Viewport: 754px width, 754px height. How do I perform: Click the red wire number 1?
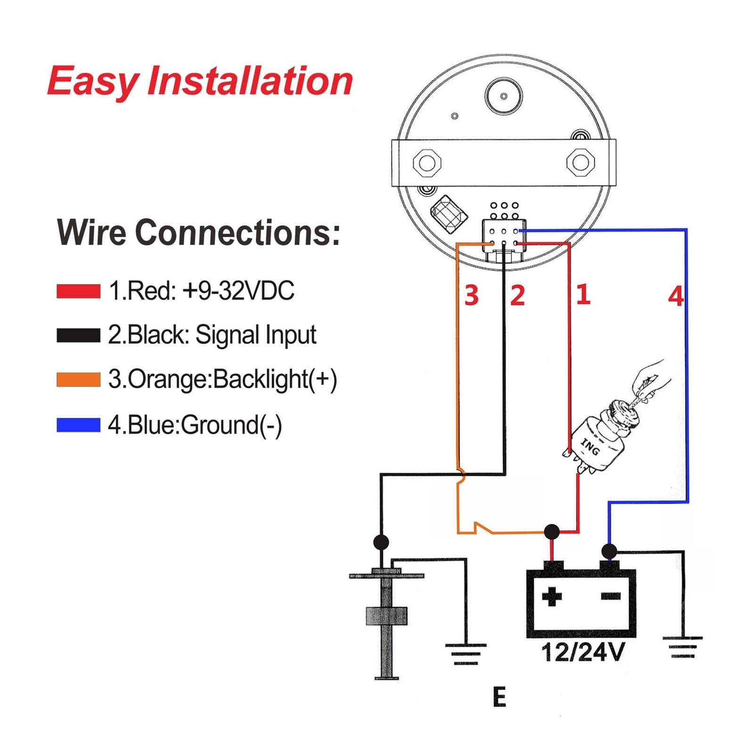click(583, 294)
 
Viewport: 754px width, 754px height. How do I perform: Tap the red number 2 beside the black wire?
click(517, 295)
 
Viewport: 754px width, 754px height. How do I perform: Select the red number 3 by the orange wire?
click(471, 295)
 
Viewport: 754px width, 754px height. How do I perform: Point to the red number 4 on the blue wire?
click(676, 296)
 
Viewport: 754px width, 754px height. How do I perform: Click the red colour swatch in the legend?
click(78, 291)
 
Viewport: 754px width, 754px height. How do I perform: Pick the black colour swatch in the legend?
click(78, 335)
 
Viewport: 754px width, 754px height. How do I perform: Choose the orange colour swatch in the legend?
click(78, 379)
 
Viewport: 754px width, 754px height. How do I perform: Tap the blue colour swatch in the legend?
click(78, 424)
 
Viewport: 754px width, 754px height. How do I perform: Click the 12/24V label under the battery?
click(583, 652)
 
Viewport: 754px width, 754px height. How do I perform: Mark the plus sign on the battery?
click(551, 597)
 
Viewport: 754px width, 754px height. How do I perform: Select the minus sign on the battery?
click(611, 597)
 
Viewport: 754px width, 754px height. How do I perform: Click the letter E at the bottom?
click(500, 697)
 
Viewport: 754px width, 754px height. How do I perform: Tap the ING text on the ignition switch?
click(590, 447)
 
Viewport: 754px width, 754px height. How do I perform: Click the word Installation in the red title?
click(250, 81)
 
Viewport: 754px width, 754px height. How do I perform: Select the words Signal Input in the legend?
click(255, 336)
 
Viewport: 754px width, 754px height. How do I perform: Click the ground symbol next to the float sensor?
click(466, 653)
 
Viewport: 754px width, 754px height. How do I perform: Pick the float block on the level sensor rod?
click(386, 616)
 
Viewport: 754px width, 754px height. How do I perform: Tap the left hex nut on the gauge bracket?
click(427, 163)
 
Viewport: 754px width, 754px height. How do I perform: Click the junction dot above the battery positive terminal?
click(552, 532)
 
